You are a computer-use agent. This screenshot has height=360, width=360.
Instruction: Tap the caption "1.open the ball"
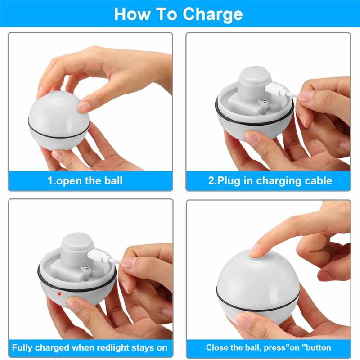(x=85, y=181)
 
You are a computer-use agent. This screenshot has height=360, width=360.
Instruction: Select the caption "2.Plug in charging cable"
(x=270, y=181)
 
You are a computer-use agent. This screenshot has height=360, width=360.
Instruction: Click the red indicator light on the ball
(x=59, y=293)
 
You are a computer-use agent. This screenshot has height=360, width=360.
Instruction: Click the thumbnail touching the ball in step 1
(x=84, y=106)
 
